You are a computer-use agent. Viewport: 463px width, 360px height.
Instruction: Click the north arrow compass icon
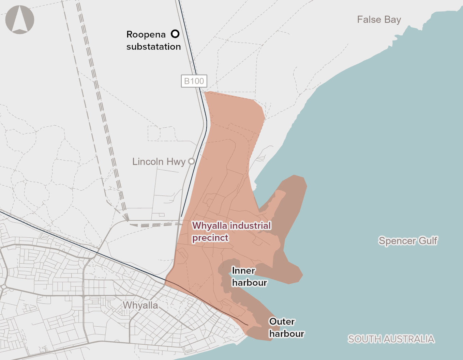tap(20, 19)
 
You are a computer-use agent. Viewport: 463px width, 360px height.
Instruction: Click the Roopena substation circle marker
tap(175, 34)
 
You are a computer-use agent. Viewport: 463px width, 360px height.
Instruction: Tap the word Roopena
tap(146, 34)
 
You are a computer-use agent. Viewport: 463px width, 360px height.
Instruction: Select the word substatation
tap(153, 47)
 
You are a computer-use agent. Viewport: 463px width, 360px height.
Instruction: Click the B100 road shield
tap(194, 81)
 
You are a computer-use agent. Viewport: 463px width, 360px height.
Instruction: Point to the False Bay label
tap(379, 19)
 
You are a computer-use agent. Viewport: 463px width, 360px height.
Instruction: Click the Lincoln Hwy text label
tap(159, 161)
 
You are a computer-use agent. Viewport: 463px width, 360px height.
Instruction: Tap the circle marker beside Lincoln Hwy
tap(192, 161)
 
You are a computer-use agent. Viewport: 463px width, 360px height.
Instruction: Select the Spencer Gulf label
tap(408, 241)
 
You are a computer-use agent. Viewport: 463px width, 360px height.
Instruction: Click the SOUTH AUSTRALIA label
tap(391, 339)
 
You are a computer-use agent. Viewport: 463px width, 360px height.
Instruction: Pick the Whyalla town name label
tap(140, 305)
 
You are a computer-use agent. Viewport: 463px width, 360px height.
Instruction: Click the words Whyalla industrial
tap(231, 225)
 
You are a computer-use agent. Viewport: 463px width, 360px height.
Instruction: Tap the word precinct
tap(210, 238)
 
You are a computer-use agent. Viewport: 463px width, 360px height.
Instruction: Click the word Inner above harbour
tap(243, 270)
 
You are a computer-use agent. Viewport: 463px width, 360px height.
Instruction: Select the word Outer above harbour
tap(282, 322)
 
